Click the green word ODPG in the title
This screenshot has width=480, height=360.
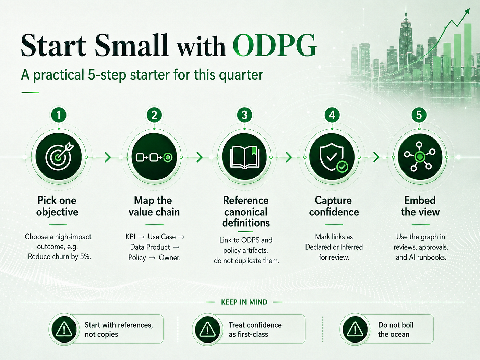click(275, 45)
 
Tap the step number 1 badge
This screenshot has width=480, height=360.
click(59, 115)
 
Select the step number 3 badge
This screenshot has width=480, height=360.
click(244, 115)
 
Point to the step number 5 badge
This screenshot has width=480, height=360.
click(419, 115)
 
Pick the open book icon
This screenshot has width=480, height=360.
click(244, 157)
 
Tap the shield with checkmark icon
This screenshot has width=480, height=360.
click(332, 157)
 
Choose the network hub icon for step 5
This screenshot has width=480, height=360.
click(420, 157)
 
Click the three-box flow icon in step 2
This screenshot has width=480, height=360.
click(154, 157)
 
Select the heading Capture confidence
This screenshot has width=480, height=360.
click(334, 206)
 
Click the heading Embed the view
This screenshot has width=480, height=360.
click(420, 206)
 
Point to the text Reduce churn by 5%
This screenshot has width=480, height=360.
click(59, 256)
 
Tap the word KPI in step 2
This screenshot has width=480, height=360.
click(130, 237)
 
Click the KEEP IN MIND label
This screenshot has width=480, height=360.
click(244, 302)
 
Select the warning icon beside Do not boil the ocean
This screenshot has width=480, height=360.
click(355, 329)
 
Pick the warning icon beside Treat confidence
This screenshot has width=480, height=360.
click(207, 329)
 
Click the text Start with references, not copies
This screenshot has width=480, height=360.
click(119, 329)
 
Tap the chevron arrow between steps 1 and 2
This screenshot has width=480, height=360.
click(108, 157)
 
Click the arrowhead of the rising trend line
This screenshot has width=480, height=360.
click(467, 11)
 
